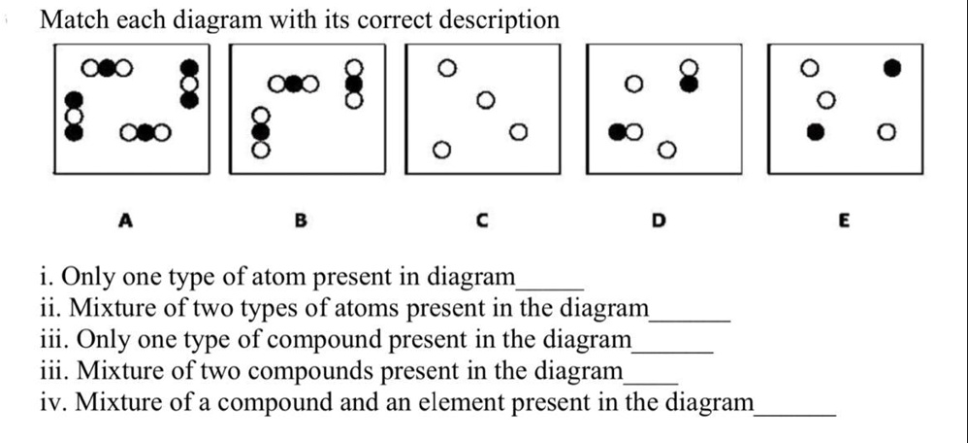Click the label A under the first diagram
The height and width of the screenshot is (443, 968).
[124, 221]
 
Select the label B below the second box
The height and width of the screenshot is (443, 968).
[300, 221]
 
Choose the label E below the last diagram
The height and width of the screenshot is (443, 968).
[843, 221]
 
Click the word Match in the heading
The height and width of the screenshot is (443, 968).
[73, 19]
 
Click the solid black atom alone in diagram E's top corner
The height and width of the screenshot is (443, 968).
[892, 67]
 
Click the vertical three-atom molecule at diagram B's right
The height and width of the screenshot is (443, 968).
[356, 83]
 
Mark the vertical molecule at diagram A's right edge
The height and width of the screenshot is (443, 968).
[191, 85]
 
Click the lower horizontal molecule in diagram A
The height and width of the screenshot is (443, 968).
[145, 132]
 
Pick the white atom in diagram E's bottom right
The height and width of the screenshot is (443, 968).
[886, 131]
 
